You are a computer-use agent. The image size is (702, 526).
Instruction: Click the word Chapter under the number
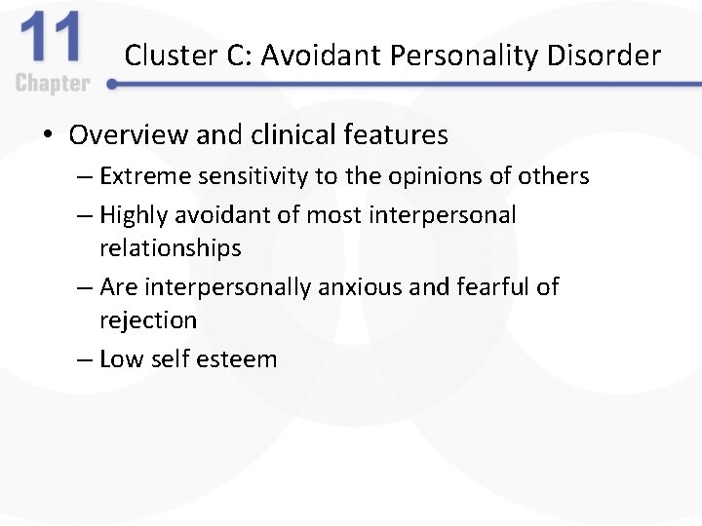coord(53,84)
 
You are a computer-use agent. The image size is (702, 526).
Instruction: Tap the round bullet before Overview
coord(49,134)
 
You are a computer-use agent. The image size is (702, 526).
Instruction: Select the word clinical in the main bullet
coord(282,134)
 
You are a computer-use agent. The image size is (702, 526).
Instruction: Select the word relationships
coord(170,248)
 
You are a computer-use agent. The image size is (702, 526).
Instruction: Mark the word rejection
coord(148,320)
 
